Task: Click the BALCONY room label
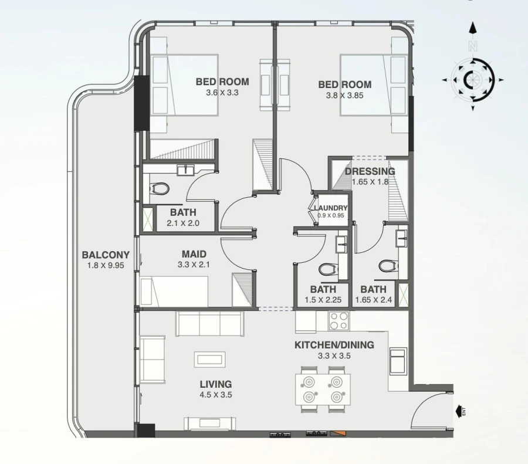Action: coord(106,255)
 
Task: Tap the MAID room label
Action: coord(194,254)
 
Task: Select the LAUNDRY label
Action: coord(330,208)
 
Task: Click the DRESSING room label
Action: coord(370,171)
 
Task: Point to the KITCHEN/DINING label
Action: coord(334,345)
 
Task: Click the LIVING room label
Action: coord(215,384)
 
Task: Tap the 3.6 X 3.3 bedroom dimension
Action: coord(222,93)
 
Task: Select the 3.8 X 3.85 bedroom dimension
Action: coord(349,95)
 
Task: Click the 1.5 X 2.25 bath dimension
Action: coord(323,300)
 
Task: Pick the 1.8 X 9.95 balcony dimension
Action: coord(106,265)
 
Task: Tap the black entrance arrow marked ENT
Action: coord(458,411)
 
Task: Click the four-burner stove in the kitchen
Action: coord(339,321)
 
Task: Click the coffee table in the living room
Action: coord(209,359)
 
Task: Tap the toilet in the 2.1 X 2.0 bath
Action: coord(159,189)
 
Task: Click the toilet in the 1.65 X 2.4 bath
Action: coord(387,266)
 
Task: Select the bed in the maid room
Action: coord(175,292)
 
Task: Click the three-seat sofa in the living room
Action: coord(209,323)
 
